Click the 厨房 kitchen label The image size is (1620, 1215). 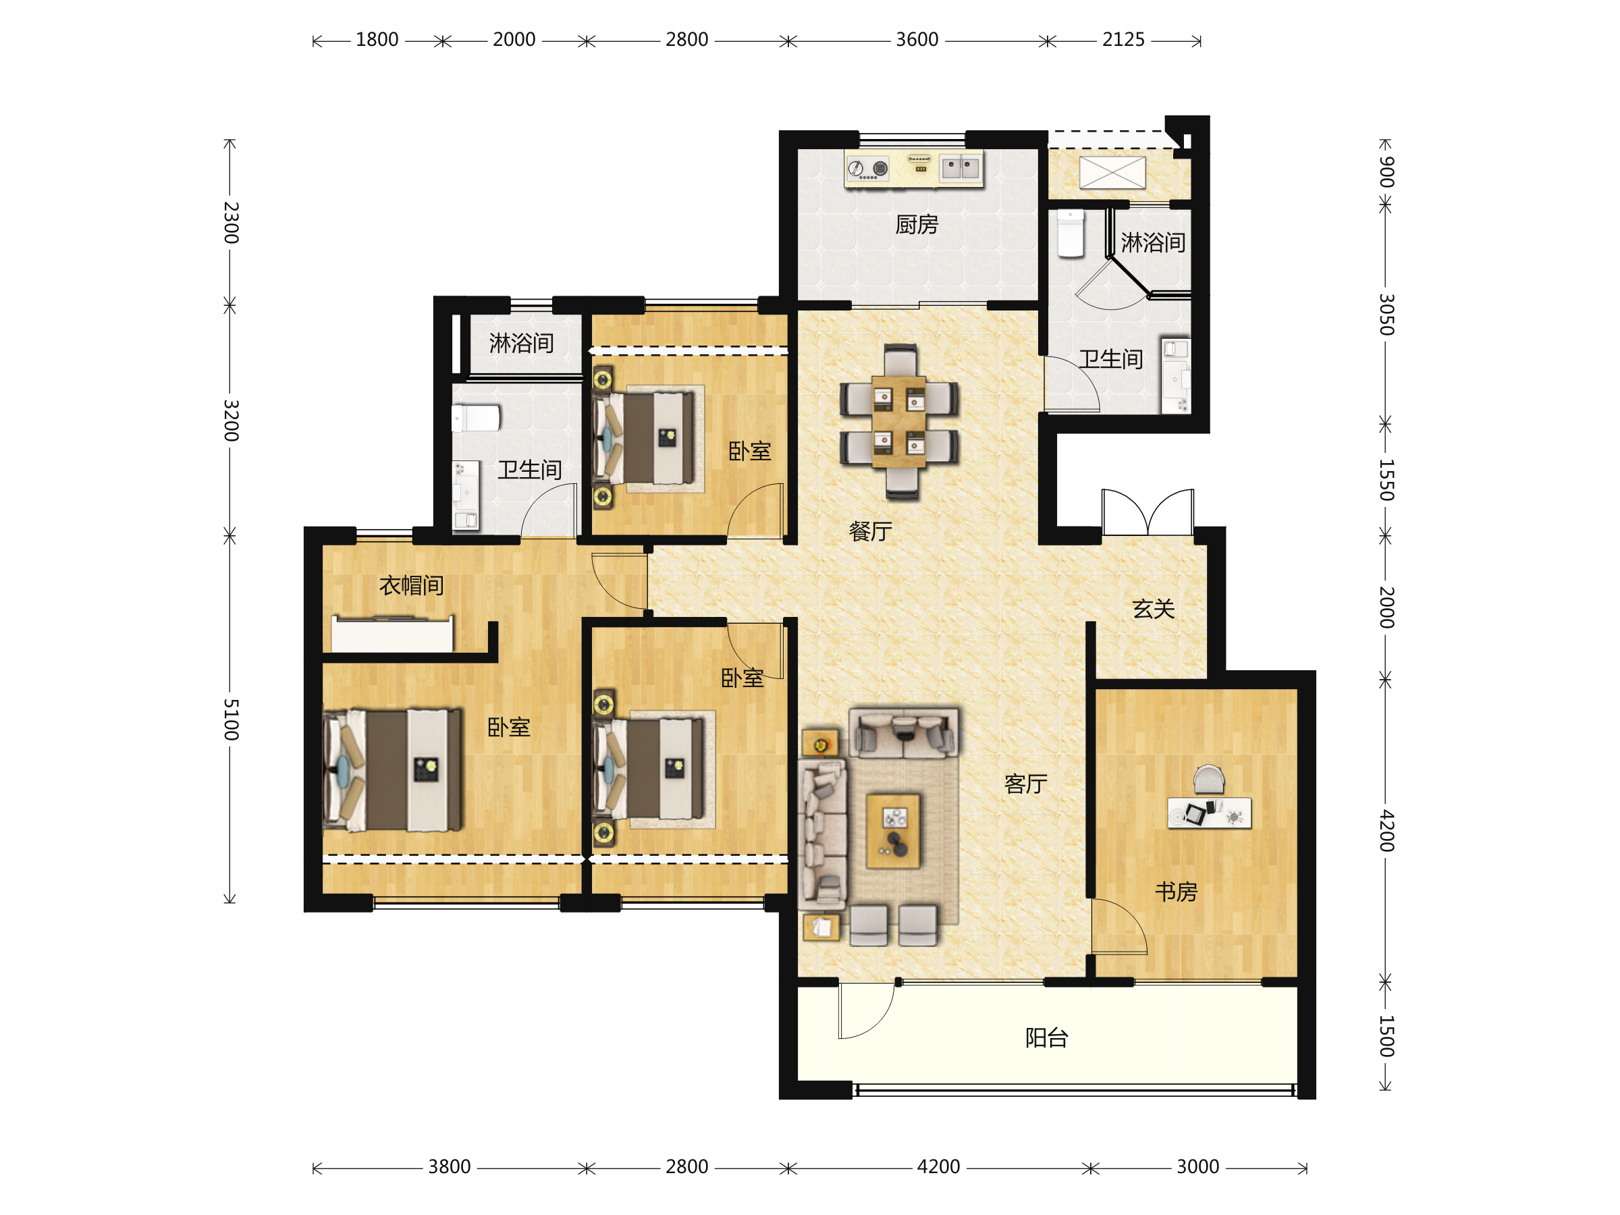(x=916, y=224)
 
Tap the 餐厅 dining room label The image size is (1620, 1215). (x=870, y=531)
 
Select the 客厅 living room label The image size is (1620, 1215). (x=1025, y=784)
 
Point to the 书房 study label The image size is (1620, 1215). (x=1175, y=891)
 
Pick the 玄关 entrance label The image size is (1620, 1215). (x=1154, y=609)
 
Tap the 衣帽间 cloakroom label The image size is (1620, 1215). (x=412, y=585)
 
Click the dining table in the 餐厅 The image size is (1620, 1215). (x=898, y=422)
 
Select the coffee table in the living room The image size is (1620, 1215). (x=894, y=831)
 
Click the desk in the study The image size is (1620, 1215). (x=1209, y=813)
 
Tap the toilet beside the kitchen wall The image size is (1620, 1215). (x=1071, y=234)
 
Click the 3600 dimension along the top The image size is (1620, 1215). (x=917, y=40)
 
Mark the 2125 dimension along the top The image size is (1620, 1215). (x=1123, y=40)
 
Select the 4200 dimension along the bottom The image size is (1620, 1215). (x=938, y=1166)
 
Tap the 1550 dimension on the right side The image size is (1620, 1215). (x=1386, y=480)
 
